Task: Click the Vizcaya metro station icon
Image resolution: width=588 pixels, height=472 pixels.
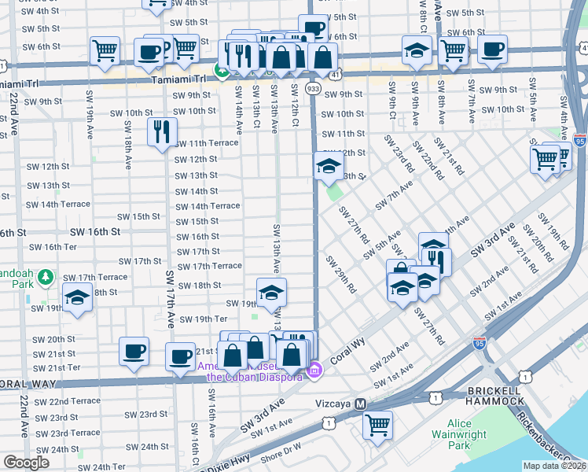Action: [x=361, y=403]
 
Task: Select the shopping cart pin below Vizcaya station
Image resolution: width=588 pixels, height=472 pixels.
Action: [x=378, y=425]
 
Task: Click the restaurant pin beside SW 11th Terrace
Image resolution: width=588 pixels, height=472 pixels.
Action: [x=162, y=131]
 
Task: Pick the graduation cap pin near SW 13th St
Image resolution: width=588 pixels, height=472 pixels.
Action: [x=329, y=166]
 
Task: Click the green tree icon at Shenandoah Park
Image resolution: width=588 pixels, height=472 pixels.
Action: [x=46, y=277]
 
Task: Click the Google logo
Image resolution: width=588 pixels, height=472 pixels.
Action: [x=26, y=463]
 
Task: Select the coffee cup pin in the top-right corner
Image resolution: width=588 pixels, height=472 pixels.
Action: [x=493, y=50]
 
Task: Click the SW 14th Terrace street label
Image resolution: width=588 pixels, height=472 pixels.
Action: [x=208, y=206]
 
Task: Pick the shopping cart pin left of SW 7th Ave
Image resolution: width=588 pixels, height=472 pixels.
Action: [x=454, y=50]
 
